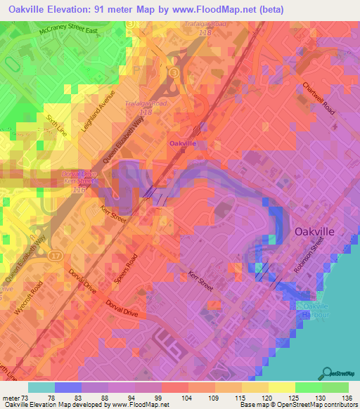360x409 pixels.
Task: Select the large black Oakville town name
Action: coord(319,231)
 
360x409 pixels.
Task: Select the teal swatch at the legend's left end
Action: coord(41,387)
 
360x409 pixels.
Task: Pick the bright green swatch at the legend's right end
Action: coord(335,387)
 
